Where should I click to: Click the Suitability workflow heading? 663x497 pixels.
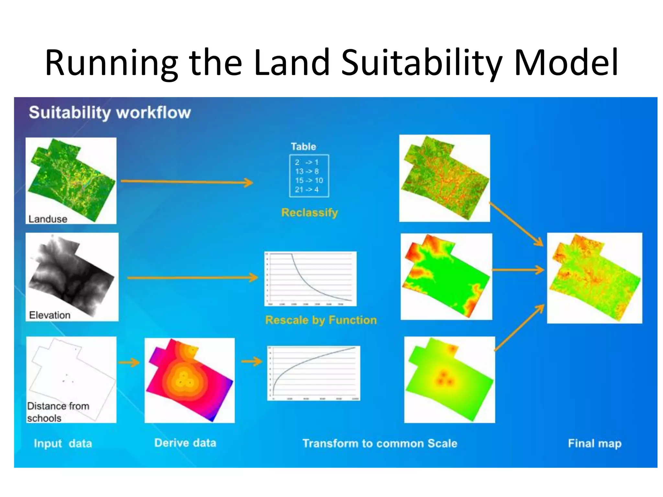click(110, 113)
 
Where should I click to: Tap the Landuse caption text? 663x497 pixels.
click(48, 219)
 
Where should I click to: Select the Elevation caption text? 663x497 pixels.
click(50, 315)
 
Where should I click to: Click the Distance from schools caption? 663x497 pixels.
click(58, 412)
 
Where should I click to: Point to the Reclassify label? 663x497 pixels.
click(309, 213)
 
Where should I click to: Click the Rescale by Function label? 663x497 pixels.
click(321, 320)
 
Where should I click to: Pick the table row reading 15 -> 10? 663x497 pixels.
click(309, 181)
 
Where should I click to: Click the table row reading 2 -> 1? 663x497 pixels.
click(307, 162)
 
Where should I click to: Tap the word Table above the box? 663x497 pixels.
click(303, 147)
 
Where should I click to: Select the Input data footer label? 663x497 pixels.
click(63, 443)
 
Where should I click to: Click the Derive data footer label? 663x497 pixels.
click(185, 443)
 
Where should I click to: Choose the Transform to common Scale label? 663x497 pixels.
click(380, 443)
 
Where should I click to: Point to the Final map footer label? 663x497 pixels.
click(595, 443)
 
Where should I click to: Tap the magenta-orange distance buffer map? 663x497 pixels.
click(189, 380)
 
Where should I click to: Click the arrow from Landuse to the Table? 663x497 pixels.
click(187, 182)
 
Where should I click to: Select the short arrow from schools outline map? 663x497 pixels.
click(129, 362)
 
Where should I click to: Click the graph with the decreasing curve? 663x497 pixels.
click(310, 279)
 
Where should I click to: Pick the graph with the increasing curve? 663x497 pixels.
click(313, 373)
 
